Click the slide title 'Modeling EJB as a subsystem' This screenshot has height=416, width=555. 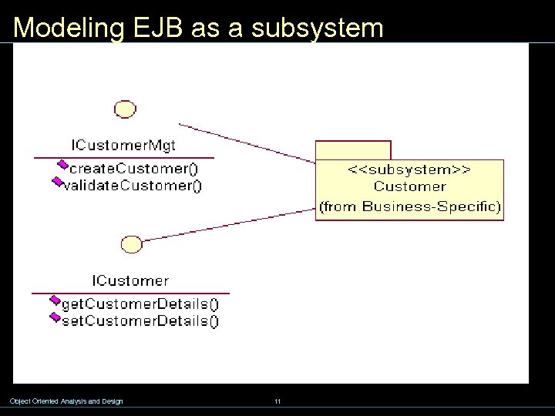(198, 28)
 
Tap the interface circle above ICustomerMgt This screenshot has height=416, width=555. (125, 109)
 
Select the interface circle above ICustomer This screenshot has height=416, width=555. (132, 245)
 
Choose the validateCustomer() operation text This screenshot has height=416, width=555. (133, 186)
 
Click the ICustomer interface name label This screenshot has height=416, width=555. (130, 280)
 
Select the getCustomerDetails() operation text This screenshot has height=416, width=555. (140, 304)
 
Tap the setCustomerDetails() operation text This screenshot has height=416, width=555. (140, 321)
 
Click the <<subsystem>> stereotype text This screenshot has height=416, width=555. (409, 169)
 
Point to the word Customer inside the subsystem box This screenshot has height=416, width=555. (409, 186)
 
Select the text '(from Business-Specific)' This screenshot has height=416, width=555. (409, 206)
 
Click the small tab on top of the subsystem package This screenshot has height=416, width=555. (353, 149)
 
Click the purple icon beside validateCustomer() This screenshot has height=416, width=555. (56, 182)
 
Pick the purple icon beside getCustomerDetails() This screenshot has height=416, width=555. (55, 300)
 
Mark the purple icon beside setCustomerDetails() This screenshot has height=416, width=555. (55, 317)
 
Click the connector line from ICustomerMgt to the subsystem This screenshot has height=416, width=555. (247, 143)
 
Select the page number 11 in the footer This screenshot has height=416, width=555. (277, 401)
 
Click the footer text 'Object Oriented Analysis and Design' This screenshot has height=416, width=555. (66, 401)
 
